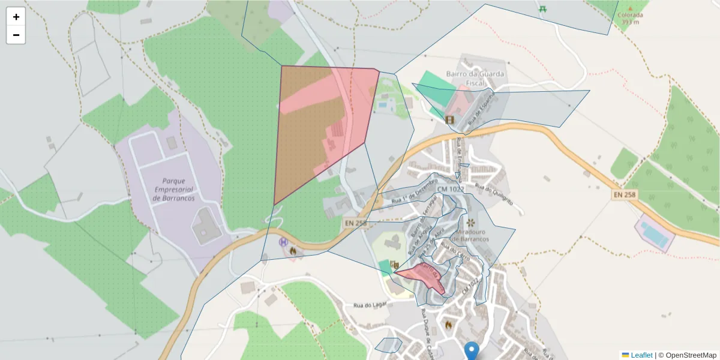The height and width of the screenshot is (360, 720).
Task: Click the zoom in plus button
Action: tap(16, 17)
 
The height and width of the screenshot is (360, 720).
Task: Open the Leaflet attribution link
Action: tap(637, 355)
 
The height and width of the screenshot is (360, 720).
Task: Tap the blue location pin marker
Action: tap(472, 350)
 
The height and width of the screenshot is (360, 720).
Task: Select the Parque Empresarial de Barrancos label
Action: tap(173, 190)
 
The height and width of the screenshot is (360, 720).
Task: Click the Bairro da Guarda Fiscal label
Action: tap(476, 79)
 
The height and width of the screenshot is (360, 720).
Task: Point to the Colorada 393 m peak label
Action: tap(630, 19)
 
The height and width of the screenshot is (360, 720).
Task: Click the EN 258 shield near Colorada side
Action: tap(625, 196)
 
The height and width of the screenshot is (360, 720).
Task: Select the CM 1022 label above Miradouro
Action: tap(451, 190)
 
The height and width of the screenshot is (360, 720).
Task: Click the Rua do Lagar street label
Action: tap(368, 304)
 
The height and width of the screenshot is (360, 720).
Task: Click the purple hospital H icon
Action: tap(283, 242)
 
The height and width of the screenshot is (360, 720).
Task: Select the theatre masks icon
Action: tap(394, 264)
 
